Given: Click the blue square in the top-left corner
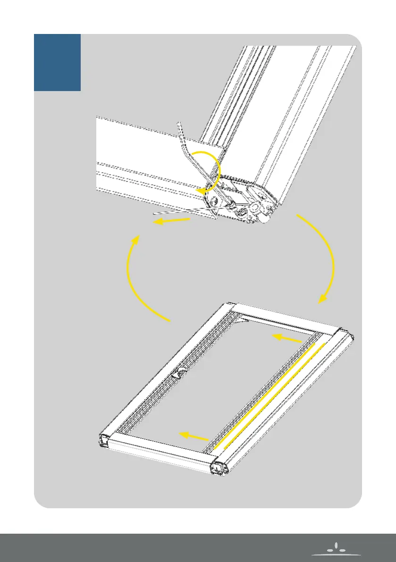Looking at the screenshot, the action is (57, 62).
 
